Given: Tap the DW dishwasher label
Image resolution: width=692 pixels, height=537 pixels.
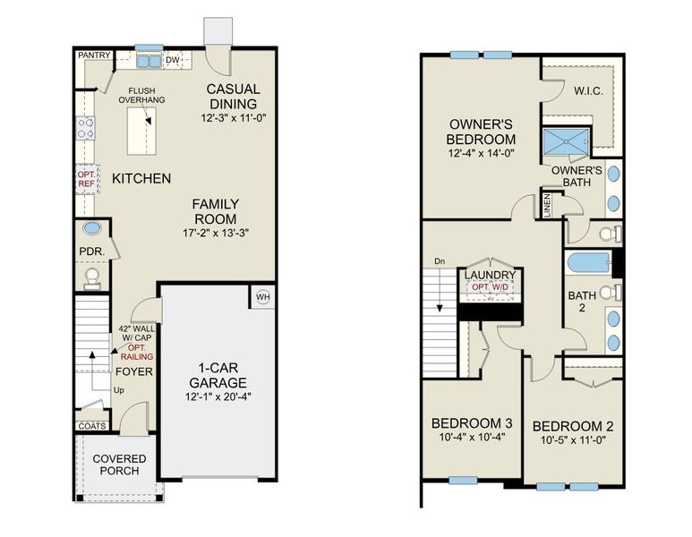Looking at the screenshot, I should point(175,59).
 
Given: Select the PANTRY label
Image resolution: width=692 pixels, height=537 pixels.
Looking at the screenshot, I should point(94,55).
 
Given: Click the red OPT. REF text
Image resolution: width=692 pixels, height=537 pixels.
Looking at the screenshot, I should point(86,178).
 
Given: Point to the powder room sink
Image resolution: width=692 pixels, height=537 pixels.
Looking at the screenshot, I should point(92,228).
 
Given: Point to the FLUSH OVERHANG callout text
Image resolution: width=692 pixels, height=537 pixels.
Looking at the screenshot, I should point(143,95).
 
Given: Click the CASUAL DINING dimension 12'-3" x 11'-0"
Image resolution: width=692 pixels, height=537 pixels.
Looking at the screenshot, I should point(233,117).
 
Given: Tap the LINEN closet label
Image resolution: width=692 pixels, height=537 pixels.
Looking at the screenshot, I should point(547,205).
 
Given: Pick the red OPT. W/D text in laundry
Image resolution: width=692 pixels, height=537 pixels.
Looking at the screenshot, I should point(487,286).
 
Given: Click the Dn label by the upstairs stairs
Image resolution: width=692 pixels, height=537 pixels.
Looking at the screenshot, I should point(439,261).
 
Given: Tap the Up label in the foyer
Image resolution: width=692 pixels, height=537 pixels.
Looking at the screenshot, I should point(118,390).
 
